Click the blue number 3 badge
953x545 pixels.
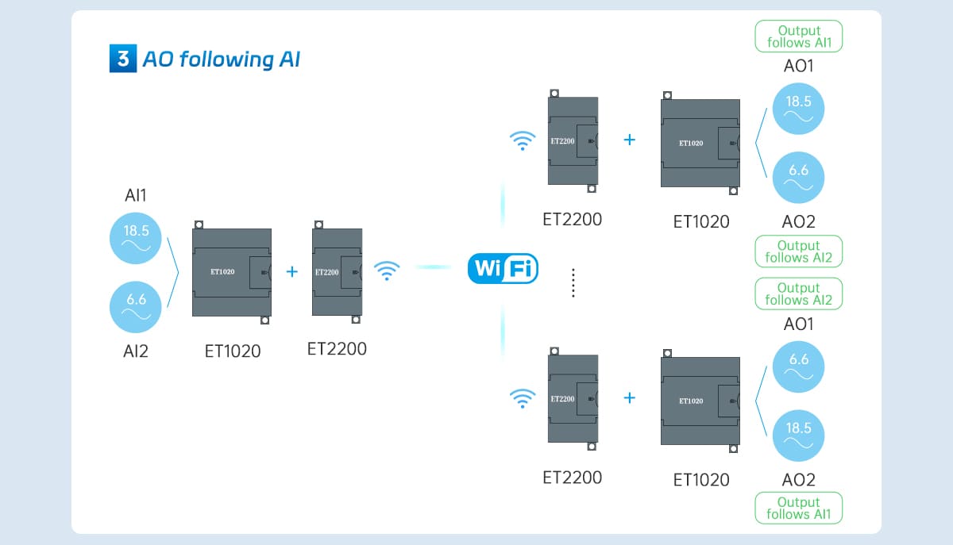[x=122, y=59]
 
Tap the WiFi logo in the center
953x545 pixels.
[x=503, y=269]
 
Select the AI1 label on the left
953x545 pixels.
[x=135, y=195]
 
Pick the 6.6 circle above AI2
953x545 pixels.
[x=136, y=305]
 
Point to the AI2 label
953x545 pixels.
[x=135, y=351]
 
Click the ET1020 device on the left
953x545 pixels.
[x=232, y=272]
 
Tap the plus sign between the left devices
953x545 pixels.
[x=291, y=271]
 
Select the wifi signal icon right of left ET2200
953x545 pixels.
[x=387, y=271]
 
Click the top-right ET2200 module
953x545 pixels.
[x=573, y=141]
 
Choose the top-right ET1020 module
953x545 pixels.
[x=700, y=144]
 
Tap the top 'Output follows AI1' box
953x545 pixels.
[x=798, y=36]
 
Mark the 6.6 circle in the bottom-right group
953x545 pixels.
[x=798, y=366]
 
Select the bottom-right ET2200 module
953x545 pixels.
[x=573, y=399]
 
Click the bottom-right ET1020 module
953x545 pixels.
[x=700, y=401]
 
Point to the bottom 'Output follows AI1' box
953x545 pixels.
[x=798, y=508]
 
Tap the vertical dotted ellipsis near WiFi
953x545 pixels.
[x=573, y=283]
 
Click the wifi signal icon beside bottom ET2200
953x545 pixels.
[x=522, y=398]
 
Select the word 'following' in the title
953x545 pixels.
[x=214, y=59]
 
